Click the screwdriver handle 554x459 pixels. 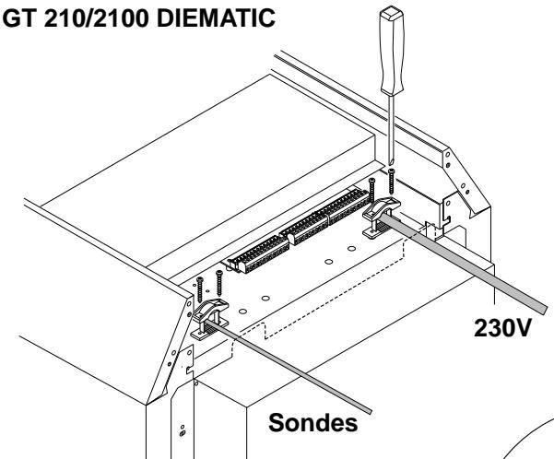click(392, 52)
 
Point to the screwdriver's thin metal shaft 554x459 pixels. click(391, 130)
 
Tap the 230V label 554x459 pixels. click(502, 328)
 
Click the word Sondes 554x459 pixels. click(313, 422)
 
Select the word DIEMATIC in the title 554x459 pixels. click(216, 18)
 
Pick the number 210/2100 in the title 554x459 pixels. click(97, 18)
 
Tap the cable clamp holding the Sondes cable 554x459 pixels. click(210, 319)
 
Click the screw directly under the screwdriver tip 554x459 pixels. click(391, 182)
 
